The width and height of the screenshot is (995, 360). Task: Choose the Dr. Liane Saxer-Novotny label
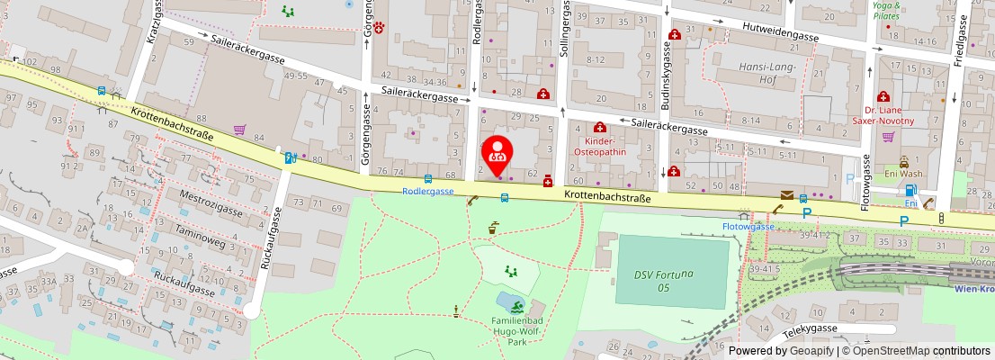tap(883, 114)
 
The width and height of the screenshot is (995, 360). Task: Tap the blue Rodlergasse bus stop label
tap(427, 192)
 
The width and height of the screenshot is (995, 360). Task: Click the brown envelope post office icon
tap(788, 195)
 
